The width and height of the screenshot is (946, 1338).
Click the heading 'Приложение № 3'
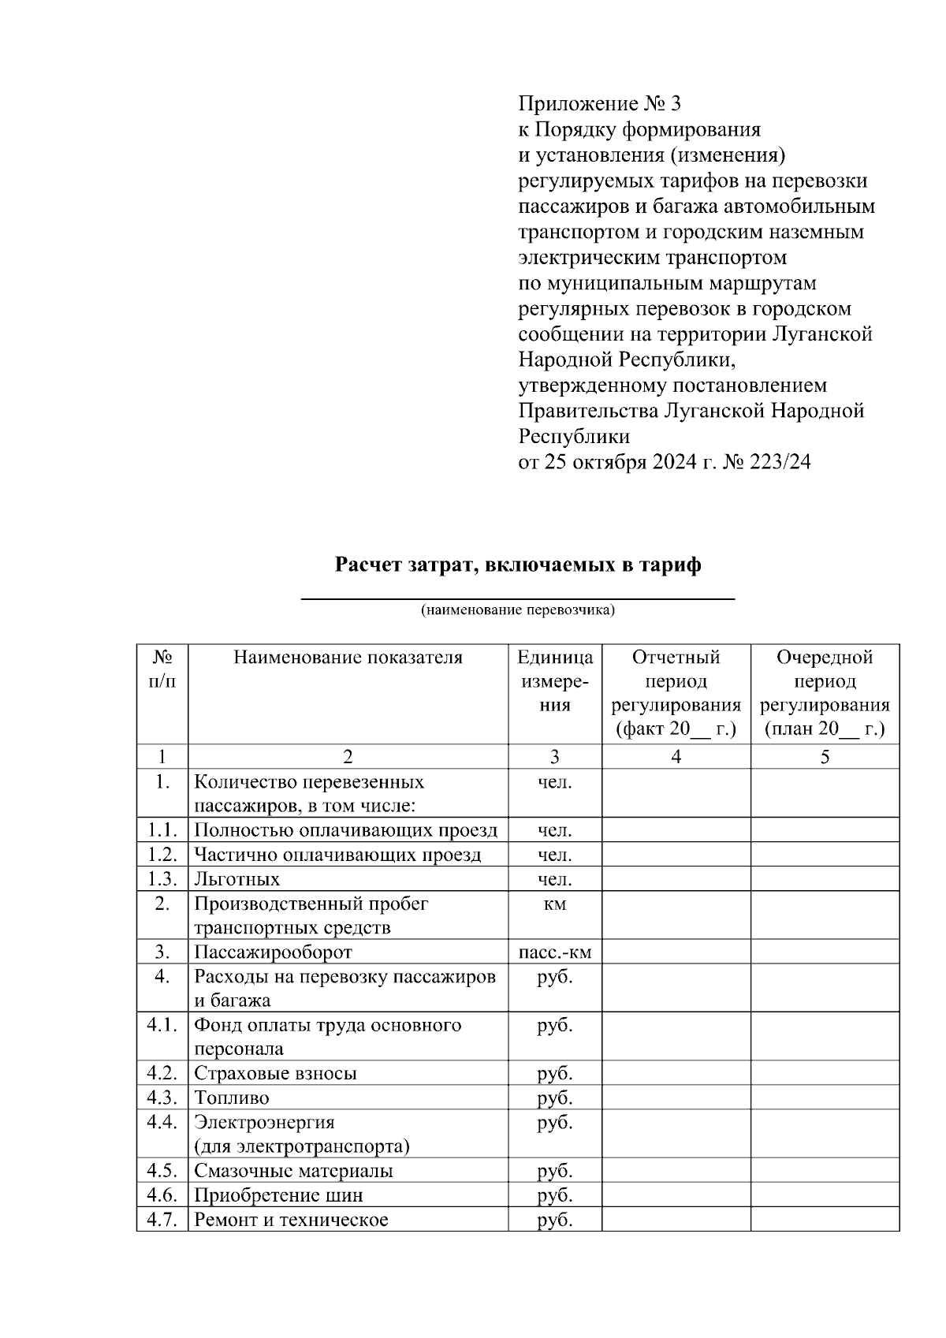pos(598,104)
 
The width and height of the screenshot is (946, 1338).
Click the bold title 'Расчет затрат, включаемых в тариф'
pos(518,565)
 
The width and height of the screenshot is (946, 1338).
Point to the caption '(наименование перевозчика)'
pos(517,610)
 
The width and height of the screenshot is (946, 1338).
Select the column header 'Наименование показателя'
pos(348,658)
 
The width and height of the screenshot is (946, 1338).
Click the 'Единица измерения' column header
pos(555,681)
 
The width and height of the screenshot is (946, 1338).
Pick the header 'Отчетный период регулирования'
pos(676,692)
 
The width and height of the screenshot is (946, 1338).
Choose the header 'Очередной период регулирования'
pos(825,692)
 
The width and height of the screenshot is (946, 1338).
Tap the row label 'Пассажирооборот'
pos(273,952)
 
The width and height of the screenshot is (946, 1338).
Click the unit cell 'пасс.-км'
pos(555,952)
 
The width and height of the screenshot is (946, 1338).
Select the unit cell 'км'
pos(555,904)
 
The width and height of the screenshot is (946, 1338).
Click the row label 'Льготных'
pos(236,879)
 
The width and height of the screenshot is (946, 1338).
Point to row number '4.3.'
pos(162,1098)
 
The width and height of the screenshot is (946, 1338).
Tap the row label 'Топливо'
pos(232,1098)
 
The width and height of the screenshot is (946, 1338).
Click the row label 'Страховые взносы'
pos(275,1073)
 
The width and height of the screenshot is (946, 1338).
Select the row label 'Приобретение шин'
pos(278,1195)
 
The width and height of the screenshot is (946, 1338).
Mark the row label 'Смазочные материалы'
pos(293,1171)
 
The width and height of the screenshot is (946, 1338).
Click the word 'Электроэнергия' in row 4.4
pos(264,1122)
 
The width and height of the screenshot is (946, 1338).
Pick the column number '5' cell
pos(825,757)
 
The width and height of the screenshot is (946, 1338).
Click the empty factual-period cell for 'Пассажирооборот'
pos(676,952)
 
